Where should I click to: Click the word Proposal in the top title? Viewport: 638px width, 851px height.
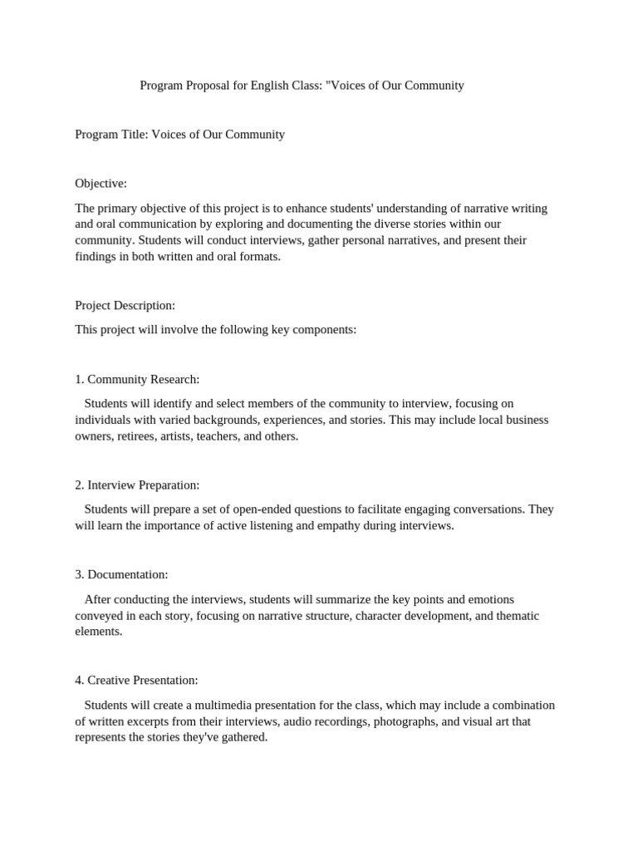[206, 85]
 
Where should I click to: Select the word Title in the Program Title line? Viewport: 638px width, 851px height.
[133, 134]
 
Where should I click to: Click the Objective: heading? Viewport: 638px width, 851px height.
[101, 183]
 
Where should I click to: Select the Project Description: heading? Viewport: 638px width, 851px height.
[125, 305]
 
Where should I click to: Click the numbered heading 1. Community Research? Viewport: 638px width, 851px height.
[137, 379]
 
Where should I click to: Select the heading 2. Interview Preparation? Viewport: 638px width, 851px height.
[137, 485]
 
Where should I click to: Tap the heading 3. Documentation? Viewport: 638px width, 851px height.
[121, 574]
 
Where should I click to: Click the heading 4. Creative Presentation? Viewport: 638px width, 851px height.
[136, 680]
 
